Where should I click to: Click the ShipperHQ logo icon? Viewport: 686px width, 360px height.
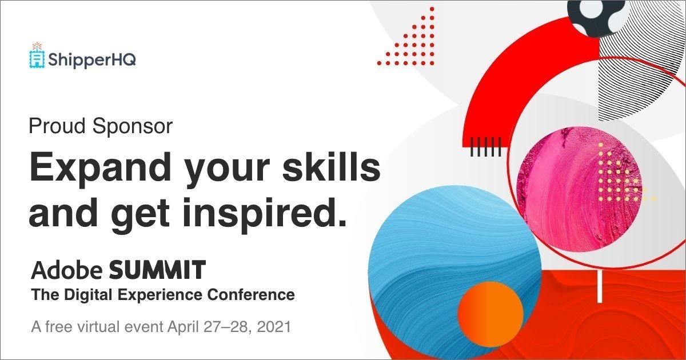point(37,56)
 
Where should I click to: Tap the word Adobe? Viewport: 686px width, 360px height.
point(66,269)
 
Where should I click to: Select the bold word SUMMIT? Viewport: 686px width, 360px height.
point(157,269)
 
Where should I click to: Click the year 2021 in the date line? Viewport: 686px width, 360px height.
point(274,328)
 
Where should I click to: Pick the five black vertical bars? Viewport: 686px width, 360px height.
point(485,147)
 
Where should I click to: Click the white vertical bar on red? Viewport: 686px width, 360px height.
point(599,286)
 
